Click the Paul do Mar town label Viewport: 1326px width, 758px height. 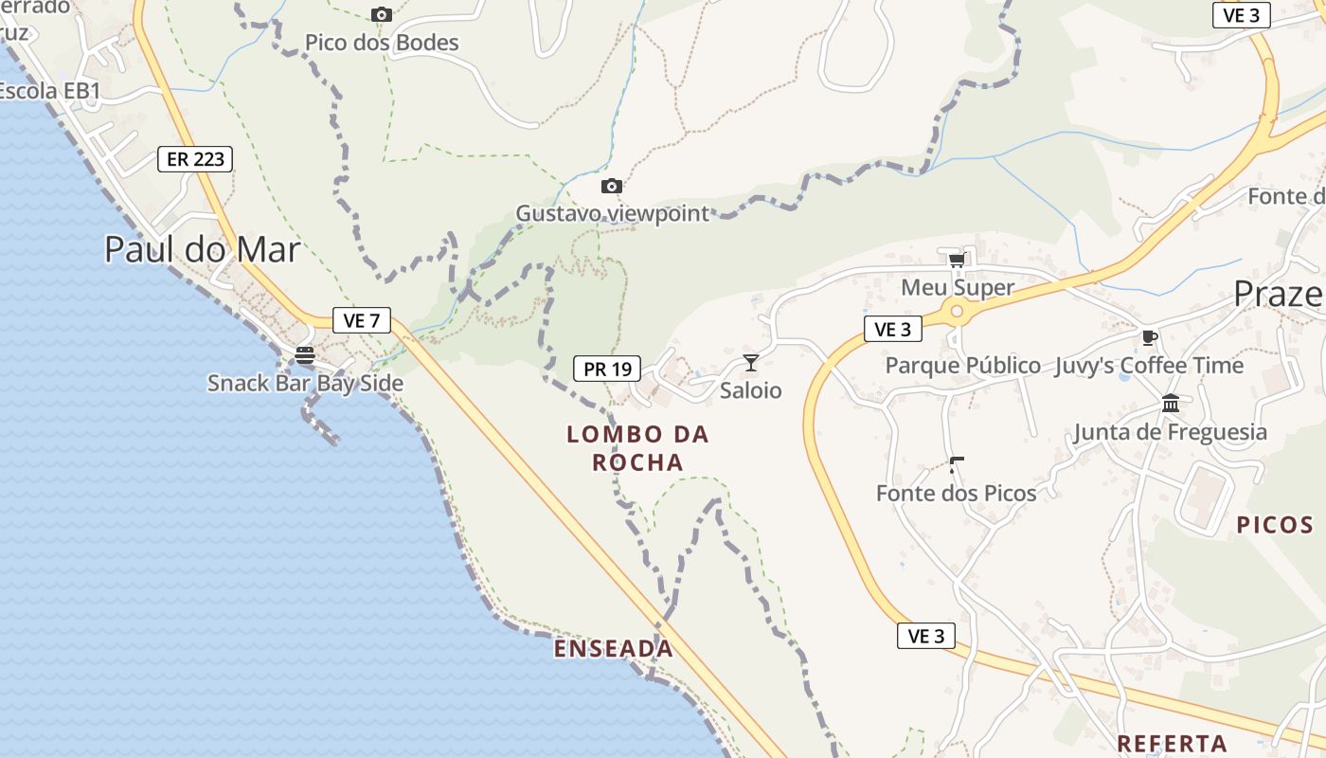click(202, 249)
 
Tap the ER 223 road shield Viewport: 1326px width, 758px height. click(195, 159)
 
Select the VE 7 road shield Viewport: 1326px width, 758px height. click(361, 320)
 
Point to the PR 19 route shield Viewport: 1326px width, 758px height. click(607, 369)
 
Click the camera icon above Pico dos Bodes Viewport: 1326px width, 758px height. click(382, 14)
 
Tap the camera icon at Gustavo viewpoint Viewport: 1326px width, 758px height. click(612, 186)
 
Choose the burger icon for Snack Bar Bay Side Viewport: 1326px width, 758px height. click(305, 355)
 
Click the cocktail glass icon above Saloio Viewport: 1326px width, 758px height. click(751, 362)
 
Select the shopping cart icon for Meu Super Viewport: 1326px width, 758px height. click(957, 260)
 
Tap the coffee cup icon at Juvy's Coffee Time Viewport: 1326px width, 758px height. click(1149, 337)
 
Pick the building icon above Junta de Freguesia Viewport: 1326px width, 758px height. click(1171, 404)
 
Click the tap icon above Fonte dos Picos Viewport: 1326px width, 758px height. click(956, 464)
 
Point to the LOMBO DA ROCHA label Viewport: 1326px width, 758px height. click(637, 448)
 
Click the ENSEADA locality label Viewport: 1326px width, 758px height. click(614, 649)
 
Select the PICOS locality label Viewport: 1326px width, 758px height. click(1275, 525)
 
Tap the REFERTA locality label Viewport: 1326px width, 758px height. click(1172, 743)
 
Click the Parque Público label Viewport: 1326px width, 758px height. click(962, 366)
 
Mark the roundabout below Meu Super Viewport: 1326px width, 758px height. click(957, 311)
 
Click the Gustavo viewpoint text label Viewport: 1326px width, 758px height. click(612, 213)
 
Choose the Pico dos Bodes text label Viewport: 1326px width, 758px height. click(382, 43)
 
